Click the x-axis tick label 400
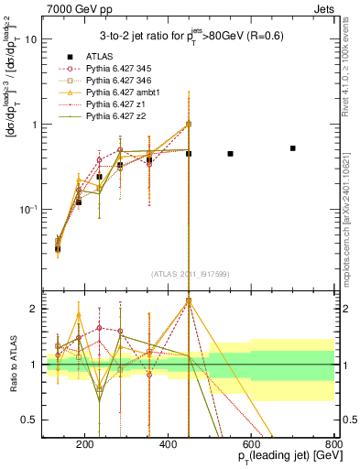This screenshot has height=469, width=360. click(168, 446)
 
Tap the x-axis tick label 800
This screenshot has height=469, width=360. click(334, 446)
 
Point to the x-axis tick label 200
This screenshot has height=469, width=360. click(84, 446)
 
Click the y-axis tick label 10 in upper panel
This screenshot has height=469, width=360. click(30, 39)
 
